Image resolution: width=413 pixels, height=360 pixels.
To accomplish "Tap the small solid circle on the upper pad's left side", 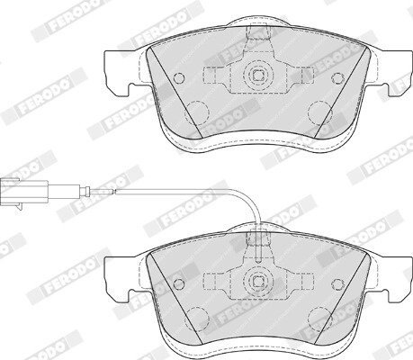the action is pos(179,78).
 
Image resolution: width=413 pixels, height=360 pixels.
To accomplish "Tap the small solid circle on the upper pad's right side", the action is pos(337,78).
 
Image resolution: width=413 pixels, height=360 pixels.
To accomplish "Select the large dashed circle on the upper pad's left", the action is pos(197,112).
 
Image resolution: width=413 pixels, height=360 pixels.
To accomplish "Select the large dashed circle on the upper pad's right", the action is pos(320,112).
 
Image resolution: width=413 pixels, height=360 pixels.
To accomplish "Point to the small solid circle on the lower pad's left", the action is pos(179,283).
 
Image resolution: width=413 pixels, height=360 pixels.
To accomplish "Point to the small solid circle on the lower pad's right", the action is pos(337,283).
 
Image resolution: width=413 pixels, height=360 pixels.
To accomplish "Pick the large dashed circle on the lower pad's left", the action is pos(197,319).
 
